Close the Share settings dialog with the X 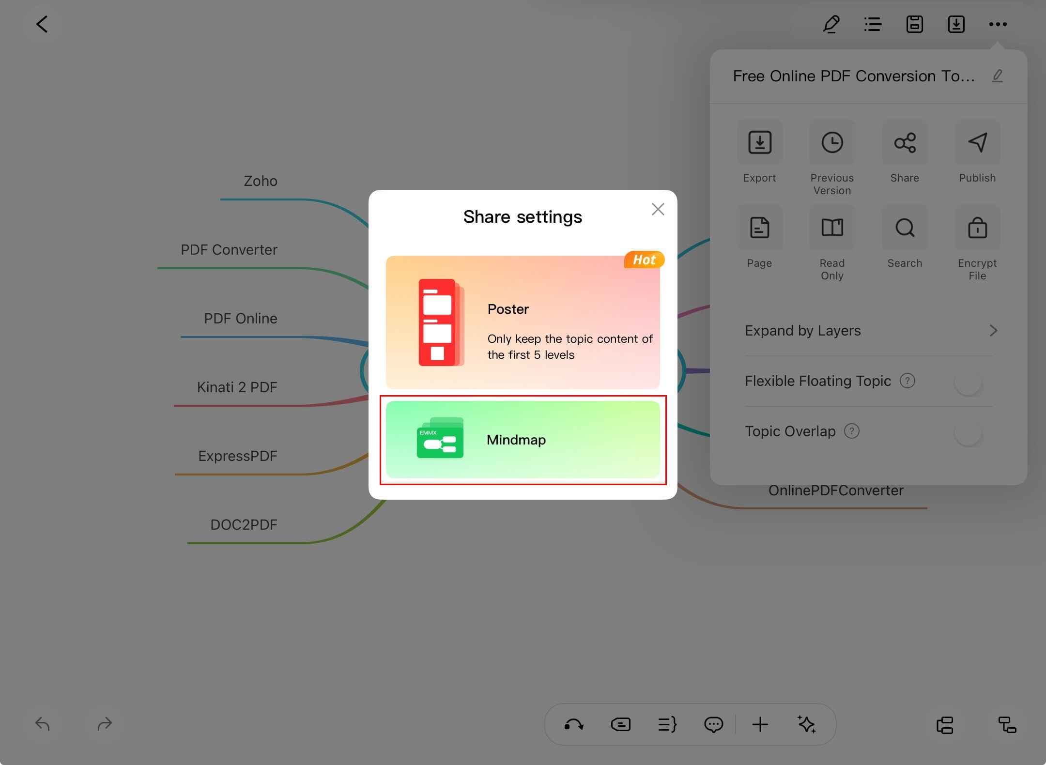point(658,209)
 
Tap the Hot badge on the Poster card point(644,260)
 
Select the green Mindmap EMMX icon point(440,438)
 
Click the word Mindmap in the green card point(516,440)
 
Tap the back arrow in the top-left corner point(42,24)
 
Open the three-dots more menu point(998,24)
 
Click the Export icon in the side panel point(760,142)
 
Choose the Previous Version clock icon point(832,142)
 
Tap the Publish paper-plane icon point(978,142)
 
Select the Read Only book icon point(832,228)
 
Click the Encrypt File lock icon point(978,228)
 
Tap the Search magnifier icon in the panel point(905,228)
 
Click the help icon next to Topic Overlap point(852,431)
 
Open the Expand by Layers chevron point(993,331)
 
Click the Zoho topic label point(261,181)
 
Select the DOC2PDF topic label point(244,525)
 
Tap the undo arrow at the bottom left point(43,724)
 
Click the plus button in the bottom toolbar point(760,724)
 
